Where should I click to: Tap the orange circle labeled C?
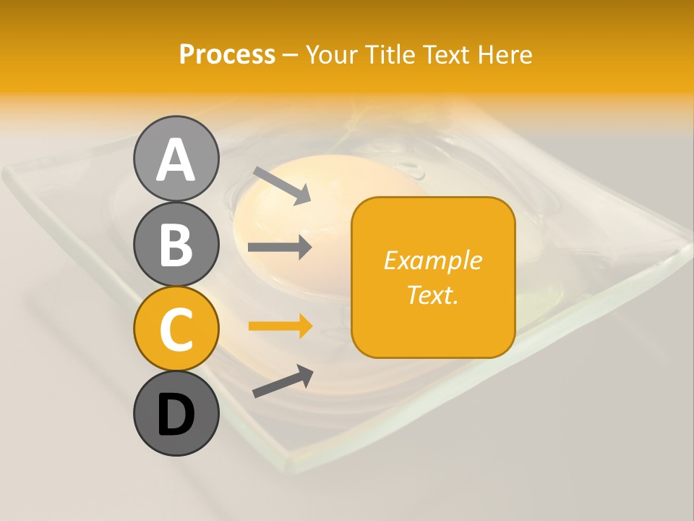click(176, 329)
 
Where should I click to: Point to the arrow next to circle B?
click(280, 247)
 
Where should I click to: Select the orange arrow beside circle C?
click(280, 326)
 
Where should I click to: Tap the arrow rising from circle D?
click(283, 381)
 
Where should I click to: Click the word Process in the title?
click(227, 55)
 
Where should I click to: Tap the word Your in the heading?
click(333, 55)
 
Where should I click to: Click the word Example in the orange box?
click(432, 261)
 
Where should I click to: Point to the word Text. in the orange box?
click(432, 295)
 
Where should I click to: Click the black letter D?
click(176, 415)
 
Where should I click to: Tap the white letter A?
click(176, 160)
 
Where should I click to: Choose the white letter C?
click(176, 329)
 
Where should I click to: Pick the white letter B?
click(176, 244)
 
